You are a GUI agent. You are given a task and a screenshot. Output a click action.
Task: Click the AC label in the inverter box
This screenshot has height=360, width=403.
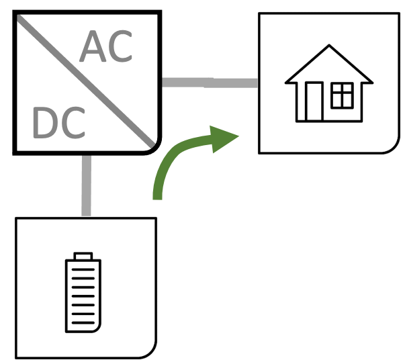106,48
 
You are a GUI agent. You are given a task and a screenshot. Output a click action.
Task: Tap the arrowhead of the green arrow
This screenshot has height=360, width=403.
225,138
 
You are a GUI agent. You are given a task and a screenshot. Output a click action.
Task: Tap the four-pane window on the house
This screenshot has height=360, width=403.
342,96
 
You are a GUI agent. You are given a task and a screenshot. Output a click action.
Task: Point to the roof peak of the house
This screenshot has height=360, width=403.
328,48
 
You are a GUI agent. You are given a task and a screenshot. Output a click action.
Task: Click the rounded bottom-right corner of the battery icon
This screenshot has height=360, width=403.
101,329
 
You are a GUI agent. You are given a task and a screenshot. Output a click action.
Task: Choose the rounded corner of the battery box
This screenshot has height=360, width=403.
149,350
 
